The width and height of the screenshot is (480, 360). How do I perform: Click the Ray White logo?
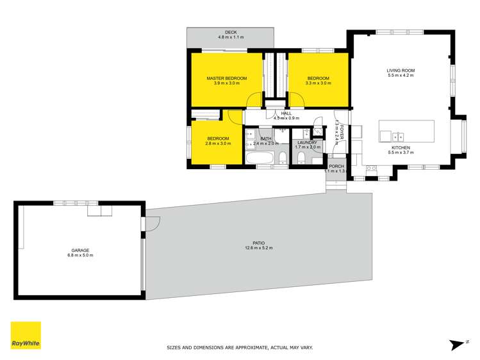click(x=26, y=336)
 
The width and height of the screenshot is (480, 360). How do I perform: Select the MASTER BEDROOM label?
click(x=226, y=78)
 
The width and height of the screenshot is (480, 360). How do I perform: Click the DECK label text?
click(x=231, y=33)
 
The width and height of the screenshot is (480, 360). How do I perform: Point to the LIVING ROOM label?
click(x=401, y=70)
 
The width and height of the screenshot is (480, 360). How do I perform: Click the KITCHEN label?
click(x=401, y=148)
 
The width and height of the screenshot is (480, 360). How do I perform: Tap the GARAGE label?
click(x=80, y=250)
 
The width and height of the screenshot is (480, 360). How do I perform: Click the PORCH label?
click(x=336, y=166)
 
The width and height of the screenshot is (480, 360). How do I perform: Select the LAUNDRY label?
click(x=306, y=142)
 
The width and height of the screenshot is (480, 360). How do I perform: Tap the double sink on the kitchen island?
click(x=397, y=136)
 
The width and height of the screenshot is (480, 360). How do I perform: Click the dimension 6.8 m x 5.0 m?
click(x=80, y=255)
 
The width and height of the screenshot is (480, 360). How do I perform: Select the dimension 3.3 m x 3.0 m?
click(x=318, y=83)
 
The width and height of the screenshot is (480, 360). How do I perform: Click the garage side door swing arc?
click(x=153, y=222)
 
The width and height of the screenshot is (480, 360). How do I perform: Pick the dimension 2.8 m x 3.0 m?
click(x=217, y=143)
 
